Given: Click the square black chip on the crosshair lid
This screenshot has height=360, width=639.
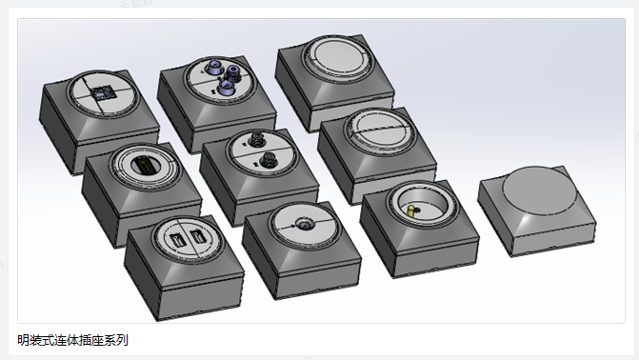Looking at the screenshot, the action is [x=103, y=93].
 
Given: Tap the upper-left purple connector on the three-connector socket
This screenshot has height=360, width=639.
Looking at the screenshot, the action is [x=213, y=67].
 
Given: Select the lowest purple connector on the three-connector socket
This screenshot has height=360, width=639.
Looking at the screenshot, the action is [x=225, y=87].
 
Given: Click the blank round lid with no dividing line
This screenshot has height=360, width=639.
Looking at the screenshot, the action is [x=336, y=56].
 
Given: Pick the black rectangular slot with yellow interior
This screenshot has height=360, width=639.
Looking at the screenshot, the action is [x=144, y=166].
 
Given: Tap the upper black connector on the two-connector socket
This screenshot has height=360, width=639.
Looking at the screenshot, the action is [x=257, y=140].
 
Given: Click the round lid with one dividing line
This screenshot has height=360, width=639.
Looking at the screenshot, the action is [x=381, y=130].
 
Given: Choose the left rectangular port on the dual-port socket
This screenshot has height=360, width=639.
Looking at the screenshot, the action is [x=178, y=239].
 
